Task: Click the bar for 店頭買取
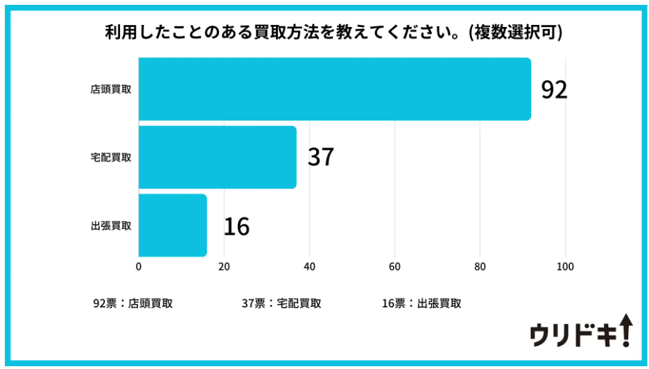334,89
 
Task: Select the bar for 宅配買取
217,157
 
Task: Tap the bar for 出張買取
173,226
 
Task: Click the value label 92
554,90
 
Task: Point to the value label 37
320,157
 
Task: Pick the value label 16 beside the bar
236,226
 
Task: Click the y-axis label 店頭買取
111,89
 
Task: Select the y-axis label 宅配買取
111,157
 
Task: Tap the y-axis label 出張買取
111,226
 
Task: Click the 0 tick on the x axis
139,267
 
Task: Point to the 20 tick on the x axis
224,267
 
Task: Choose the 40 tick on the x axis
309,267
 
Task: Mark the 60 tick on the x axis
395,267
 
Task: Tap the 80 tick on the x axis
480,267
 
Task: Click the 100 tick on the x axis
565,267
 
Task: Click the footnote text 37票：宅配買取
281,303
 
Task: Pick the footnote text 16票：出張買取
421,303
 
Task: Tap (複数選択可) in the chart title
514,33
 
